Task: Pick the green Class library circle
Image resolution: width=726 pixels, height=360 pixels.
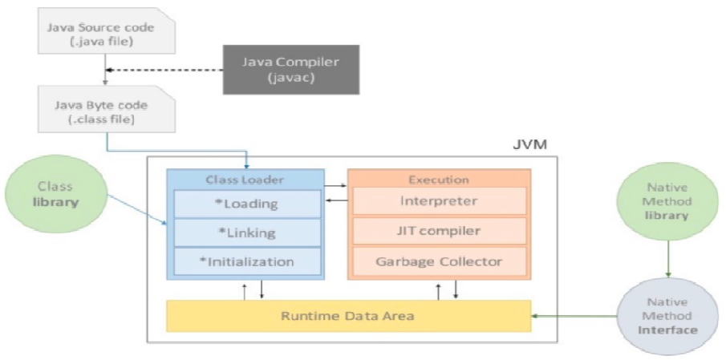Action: (57, 195)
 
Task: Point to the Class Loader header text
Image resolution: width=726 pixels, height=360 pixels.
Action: (245, 180)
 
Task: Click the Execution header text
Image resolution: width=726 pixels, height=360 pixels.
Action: (439, 180)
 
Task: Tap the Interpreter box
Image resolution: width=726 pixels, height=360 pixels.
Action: (439, 201)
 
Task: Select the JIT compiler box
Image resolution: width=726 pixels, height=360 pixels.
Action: (439, 231)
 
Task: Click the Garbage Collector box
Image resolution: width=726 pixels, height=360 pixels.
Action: (439, 261)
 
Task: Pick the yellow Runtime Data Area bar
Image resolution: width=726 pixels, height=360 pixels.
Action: (347, 316)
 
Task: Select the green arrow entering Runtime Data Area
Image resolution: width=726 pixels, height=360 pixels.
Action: (574, 316)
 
